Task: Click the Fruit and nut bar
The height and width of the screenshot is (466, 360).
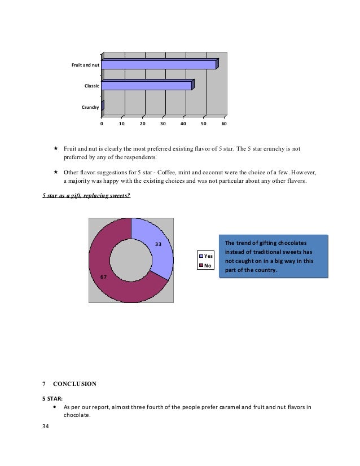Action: pyautogui.click(x=159, y=65)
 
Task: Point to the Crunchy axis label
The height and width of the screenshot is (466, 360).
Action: pyautogui.click(x=90, y=107)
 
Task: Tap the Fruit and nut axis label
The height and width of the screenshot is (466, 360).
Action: pyautogui.click(x=85, y=65)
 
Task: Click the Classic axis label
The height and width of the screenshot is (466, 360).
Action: pyautogui.click(x=92, y=86)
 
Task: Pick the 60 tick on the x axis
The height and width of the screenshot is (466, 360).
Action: pyautogui.click(x=224, y=122)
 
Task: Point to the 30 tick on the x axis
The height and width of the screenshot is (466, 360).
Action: pyautogui.click(x=163, y=122)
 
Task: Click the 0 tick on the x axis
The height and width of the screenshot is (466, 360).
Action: pyautogui.click(x=102, y=122)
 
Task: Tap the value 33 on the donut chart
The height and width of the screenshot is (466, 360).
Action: pyautogui.click(x=159, y=244)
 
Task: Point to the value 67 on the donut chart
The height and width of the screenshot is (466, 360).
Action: pyautogui.click(x=103, y=277)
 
